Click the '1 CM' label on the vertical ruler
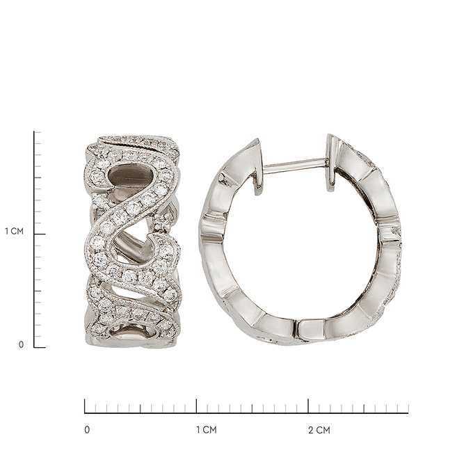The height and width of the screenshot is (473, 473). tap(14, 232)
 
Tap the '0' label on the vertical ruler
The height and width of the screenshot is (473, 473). tap(21, 344)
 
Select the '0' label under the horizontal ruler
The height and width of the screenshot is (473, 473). tap(87, 430)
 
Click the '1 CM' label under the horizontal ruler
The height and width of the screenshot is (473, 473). tap(207, 430)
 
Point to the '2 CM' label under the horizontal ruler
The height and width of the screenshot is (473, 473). tap(319, 430)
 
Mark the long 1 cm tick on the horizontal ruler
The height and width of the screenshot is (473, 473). tap(197, 406)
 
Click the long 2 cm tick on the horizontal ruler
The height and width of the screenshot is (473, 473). tap(308, 406)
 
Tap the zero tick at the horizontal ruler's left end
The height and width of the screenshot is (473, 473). tap(85, 406)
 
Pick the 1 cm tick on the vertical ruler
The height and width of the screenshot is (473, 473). tap(40, 234)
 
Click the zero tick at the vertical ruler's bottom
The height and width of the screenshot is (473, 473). tap(40, 347)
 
